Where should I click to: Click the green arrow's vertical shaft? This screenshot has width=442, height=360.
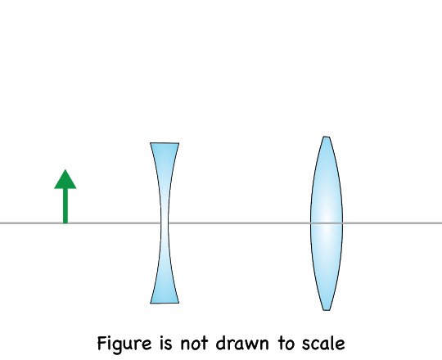[65, 205]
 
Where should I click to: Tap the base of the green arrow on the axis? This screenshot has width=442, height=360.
[65, 223]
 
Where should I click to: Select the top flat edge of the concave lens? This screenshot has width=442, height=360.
[165, 143]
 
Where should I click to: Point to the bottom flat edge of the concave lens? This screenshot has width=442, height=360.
[165, 303]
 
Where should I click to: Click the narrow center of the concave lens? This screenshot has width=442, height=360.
[165, 223]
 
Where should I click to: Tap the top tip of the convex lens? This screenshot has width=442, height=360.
[326, 137]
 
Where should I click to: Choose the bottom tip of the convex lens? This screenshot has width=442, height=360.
[326, 310]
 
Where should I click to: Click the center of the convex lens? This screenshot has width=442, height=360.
[327, 223]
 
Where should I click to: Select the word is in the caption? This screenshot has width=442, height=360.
[165, 344]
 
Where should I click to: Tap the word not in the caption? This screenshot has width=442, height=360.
[194, 344]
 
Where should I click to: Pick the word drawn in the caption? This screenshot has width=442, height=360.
[242, 344]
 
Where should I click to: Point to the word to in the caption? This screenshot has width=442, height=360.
[286, 344]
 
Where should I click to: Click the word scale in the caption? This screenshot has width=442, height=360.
[323, 344]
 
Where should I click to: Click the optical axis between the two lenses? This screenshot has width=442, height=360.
[239, 223]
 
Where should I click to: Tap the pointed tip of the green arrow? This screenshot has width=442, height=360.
[65, 169]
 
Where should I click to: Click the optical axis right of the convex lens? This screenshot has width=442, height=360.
[392, 223]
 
